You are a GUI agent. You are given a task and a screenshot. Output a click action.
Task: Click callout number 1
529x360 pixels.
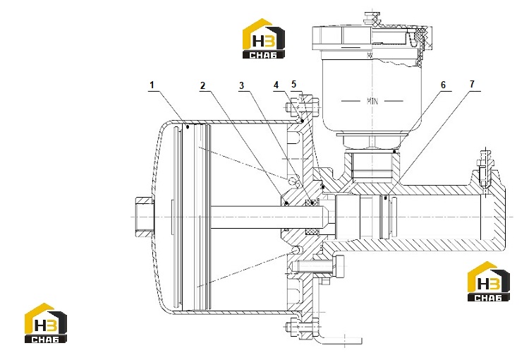click(152, 85)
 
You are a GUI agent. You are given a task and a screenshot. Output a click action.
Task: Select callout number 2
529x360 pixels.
click(202, 85)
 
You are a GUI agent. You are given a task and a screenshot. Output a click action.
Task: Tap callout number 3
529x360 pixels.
click(241, 85)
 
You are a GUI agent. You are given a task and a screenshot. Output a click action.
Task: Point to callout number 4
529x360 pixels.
click(276, 85)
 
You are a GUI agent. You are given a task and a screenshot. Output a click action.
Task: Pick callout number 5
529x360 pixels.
click(293, 84)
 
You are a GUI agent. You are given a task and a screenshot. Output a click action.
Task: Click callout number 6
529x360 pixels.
click(443, 85)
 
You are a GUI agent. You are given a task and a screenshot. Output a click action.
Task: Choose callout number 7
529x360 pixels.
click(472, 84)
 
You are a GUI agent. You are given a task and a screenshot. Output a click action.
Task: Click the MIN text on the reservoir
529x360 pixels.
click(372, 101)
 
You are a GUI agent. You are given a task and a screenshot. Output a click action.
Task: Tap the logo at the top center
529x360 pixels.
click(264, 39)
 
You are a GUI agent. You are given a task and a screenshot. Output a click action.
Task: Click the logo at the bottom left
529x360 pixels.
click(46, 323)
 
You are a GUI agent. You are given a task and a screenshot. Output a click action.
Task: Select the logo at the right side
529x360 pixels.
click(489, 282)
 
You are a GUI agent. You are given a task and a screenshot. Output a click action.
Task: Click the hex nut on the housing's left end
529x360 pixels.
click(144, 217)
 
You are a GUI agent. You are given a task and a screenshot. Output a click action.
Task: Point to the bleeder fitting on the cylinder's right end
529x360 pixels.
click(485, 169)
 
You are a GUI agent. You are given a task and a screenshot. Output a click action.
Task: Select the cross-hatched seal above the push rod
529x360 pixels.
click(312, 203)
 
